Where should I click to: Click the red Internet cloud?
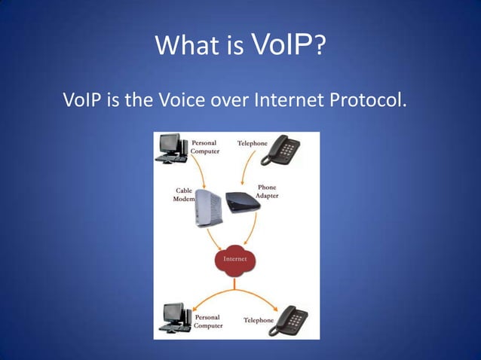[234, 260]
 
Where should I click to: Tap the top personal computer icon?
[171, 148]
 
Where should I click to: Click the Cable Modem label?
[185, 195]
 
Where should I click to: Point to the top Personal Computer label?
[204, 147]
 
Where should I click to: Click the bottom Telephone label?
[259, 320]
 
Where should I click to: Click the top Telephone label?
[252, 143]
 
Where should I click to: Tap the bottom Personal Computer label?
[208, 322]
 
